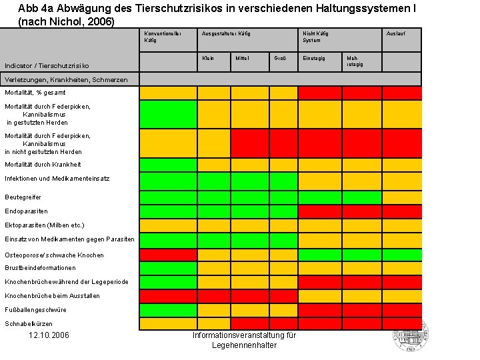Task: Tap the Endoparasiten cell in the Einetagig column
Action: coord(319,211)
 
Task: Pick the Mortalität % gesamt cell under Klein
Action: coord(213,93)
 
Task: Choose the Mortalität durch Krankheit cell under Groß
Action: coord(283,165)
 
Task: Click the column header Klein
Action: coord(208,59)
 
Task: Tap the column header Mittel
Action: coord(241,59)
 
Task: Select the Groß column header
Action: coord(280,59)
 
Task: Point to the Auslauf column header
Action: coord(395,33)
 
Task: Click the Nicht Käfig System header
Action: coord(315,37)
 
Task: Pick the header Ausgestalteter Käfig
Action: coord(225,33)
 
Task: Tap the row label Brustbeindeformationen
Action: coord(40,268)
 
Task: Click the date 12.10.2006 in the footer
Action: coord(49,335)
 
